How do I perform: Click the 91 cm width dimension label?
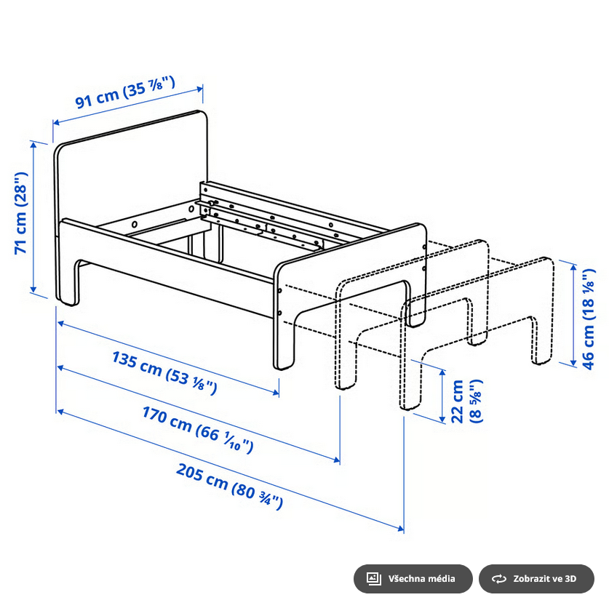[x=126, y=94]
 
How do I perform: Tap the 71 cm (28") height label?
[x=21, y=212]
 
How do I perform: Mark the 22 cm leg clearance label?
[x=464, y=401]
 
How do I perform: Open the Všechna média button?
[x=413, y=579]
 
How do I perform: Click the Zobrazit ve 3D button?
[x=536, y=579]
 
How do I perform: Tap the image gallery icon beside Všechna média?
[x=374, y=579]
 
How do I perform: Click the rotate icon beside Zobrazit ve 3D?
[x=499, y=579]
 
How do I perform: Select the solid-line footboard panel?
[x=349, y=284]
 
